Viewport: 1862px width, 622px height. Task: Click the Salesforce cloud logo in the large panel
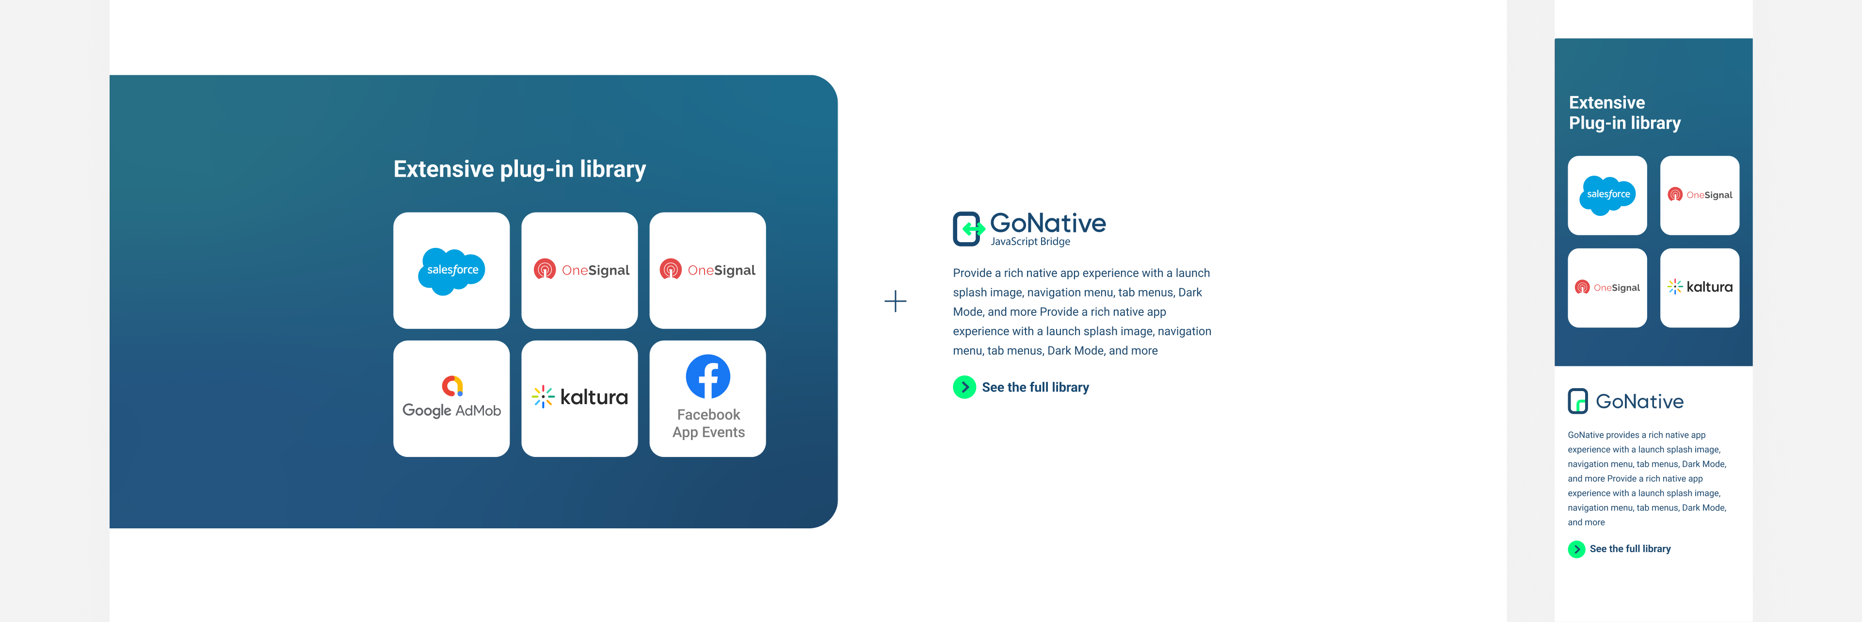452,271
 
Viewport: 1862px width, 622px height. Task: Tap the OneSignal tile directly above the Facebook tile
707,271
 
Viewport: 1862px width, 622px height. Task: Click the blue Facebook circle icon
707,376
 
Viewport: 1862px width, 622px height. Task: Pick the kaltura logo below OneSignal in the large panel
580,397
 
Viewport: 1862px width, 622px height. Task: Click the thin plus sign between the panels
895,301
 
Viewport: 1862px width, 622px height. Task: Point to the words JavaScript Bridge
1030,242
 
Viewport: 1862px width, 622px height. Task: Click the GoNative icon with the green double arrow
968,229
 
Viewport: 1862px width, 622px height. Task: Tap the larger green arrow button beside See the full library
964,387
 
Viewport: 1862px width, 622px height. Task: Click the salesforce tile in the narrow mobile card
1607,195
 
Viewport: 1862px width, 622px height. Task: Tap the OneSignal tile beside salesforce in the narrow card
1700,195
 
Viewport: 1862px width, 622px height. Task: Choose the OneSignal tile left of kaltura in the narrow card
1607,288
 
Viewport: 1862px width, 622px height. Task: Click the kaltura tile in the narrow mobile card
1700,288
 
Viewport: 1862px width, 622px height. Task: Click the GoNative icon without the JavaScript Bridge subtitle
1577,401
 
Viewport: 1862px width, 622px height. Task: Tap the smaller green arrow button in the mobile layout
1576,549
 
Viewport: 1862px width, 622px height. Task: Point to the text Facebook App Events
708,423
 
